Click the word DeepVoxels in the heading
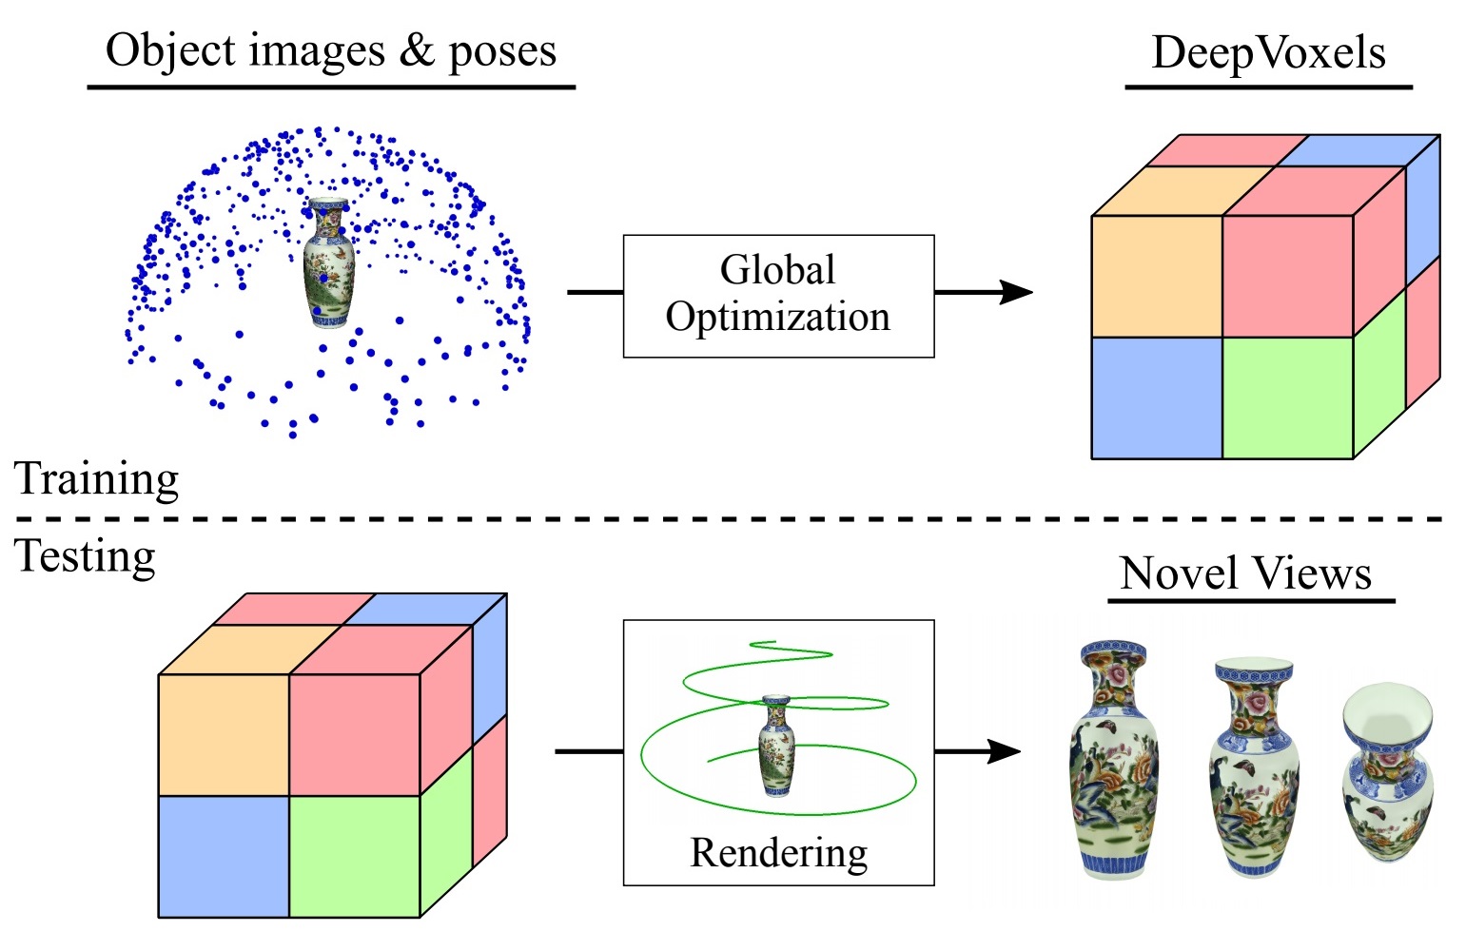click(x=1268, y=53)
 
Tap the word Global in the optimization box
click(x=777, y=269)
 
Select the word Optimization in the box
click(x=777, y=318)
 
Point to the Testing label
click(x=85, y=558)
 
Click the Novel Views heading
click(x=1245, y=573)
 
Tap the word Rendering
click(x=779, y=854)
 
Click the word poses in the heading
click(x=502, y=53)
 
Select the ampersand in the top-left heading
click(x=417, y=49)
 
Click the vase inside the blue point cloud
click(x=329, y=262)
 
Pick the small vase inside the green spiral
click(x=776, y=747)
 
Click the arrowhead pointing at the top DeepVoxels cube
click(x=1016, y=292)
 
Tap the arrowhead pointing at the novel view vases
click(x=1005, y=751)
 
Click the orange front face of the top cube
click(x=1157, y=277)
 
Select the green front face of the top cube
click(x=1288, y=398)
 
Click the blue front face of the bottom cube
click(x=224, y=856)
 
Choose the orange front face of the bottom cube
click(x=224, y=735)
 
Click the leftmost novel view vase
click(x=1114, y=759)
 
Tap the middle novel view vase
click(x=1254, y=767)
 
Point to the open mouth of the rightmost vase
click(x=1387, y=718)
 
